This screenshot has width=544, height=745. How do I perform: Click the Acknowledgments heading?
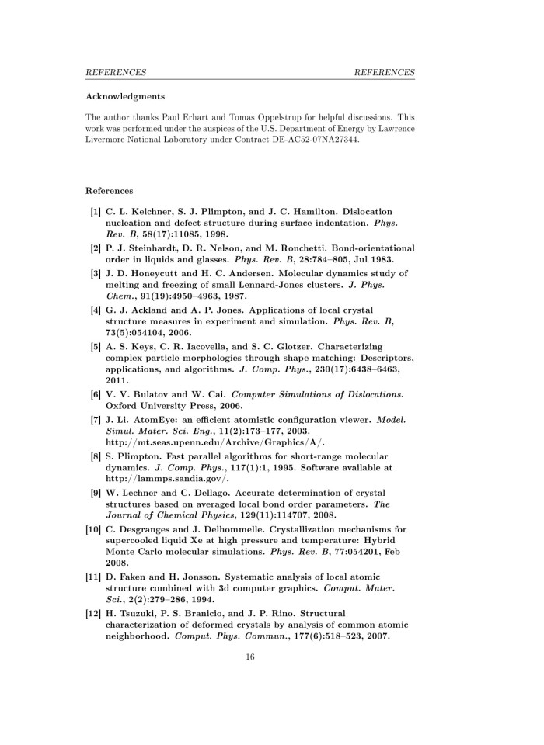124,97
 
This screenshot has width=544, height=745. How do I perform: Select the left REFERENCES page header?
116,72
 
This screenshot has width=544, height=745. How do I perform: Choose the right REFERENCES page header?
384,72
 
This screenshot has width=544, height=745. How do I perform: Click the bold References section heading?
110,190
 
